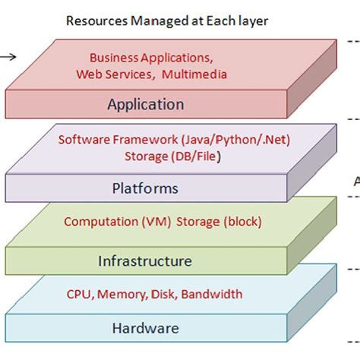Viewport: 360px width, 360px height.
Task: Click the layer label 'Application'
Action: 146,104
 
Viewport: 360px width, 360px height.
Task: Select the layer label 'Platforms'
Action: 145,188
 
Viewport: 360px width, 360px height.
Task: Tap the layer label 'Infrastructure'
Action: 145,261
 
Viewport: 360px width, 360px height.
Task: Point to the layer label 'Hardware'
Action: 145,328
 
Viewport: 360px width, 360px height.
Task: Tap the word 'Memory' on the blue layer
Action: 118,294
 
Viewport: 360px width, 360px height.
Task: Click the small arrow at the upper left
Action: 7,55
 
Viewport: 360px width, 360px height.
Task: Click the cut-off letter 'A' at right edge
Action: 356,181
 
